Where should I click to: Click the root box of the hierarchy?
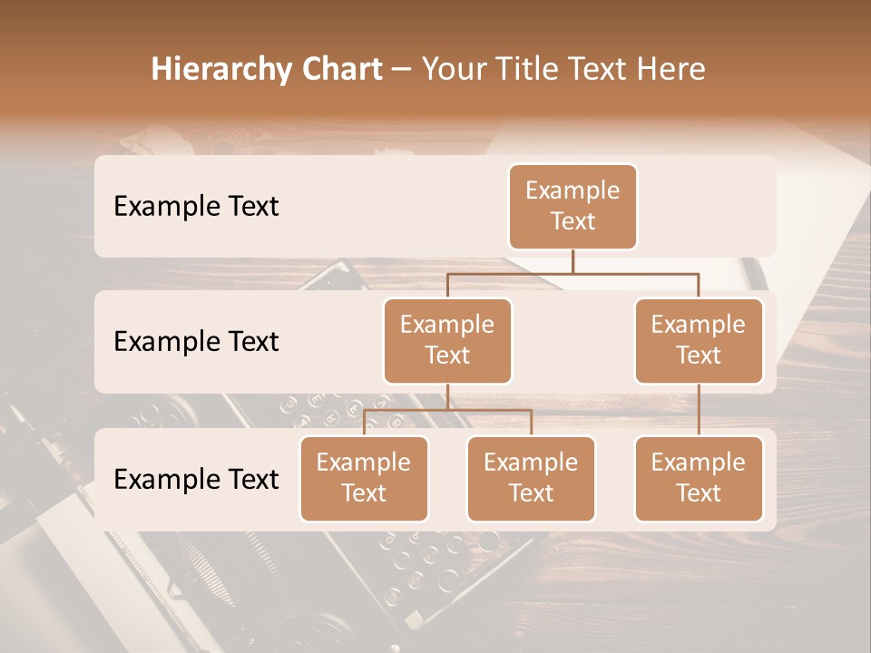coord(573,207)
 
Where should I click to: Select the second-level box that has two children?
coord(447,341)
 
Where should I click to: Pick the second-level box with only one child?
coord(699,341)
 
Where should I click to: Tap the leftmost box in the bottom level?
coord(364,479)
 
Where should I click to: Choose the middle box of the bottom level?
coord(531,479)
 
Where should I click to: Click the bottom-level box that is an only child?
coord(699,479)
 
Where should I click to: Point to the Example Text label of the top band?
coord(196,206)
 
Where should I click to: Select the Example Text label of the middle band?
coord(196,342)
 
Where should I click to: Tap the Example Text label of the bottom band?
coord(196,479)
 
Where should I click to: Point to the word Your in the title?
coord(454,69)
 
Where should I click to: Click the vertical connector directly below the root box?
coord(573,261)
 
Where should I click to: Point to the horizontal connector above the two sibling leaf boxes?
coord(447,410)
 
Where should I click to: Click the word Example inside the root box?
coord(573,190)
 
